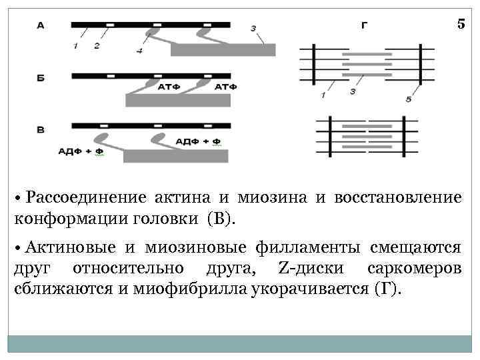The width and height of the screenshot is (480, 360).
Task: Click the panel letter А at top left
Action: click(41, 25)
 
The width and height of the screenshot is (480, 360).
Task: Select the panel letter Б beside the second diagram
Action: click(41, 78)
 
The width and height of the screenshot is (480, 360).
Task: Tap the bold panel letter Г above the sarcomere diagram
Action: click(364, 25)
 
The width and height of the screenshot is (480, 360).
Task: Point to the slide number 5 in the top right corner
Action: click(461, 24)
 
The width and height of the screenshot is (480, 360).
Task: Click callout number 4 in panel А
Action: click(139, 51)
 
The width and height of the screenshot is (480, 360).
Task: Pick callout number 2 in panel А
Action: click(97, 45)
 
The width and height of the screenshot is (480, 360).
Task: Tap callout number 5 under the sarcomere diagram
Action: click(408, 99)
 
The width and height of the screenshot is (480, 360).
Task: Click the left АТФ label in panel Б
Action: click(167, 87)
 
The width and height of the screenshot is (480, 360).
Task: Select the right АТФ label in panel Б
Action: click(225, 87)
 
